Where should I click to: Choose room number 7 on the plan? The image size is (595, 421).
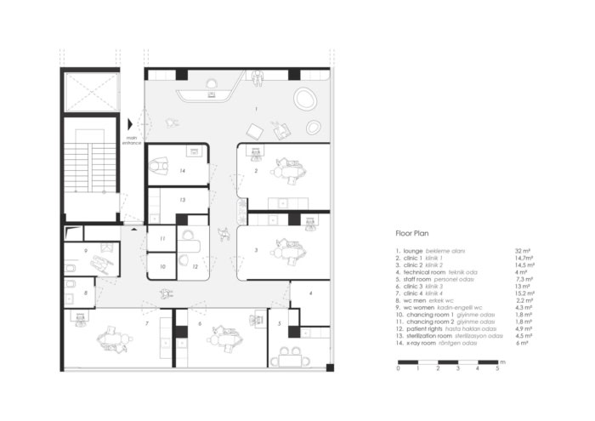click(147, 324)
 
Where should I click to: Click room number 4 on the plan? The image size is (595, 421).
click(311, 293)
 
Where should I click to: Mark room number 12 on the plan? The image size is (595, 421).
click(195, 267)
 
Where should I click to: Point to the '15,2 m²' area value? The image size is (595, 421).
click(501, 299)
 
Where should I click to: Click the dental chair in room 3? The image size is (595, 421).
click(285, 251)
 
